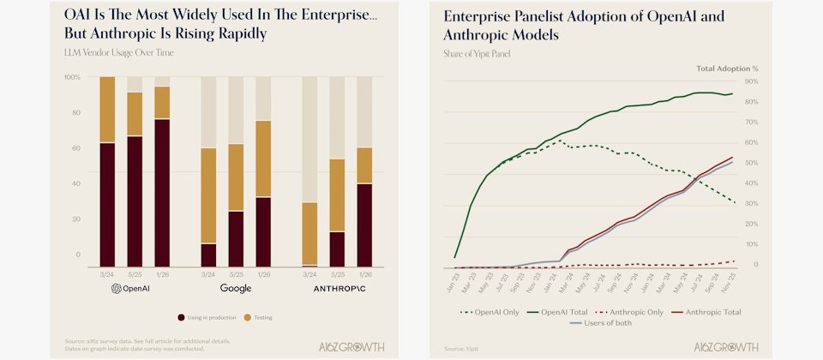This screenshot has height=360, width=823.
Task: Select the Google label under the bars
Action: point(236,289)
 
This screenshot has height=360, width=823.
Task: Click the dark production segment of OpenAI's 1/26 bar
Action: point(162,192)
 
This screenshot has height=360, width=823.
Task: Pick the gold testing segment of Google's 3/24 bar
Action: point(208,195)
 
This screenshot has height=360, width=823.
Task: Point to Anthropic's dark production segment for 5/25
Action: point(337,249)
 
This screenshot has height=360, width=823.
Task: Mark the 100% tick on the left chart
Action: point(74,77)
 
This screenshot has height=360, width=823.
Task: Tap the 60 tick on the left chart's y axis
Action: point(75,148)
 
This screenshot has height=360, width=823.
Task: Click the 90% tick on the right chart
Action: point(751,82)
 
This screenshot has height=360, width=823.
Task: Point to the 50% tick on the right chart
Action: point(751,163)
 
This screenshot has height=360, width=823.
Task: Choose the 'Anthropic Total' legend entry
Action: point(711,312)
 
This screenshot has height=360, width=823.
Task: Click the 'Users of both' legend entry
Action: point(603,322)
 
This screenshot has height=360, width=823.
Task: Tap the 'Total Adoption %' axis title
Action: point(726,67)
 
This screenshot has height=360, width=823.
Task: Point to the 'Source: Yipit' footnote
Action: point(461,349)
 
